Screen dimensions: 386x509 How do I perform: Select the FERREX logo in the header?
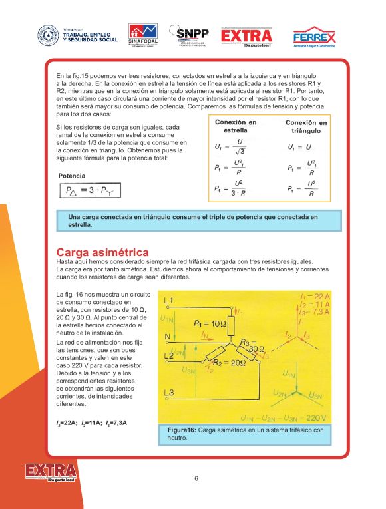tap(314, 37)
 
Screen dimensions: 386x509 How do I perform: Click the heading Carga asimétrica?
tap(102, 252)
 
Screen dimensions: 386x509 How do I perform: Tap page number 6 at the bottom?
tap(196, 478)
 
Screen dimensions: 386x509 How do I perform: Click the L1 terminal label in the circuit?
tap(168, 301)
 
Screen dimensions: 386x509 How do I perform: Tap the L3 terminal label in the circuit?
tap(168, 391)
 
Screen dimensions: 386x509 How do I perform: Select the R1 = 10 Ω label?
tap(210, 323)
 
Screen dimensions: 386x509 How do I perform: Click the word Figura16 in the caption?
tap(182, 430)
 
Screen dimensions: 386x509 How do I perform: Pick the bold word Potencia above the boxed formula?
tap(72, 176)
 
